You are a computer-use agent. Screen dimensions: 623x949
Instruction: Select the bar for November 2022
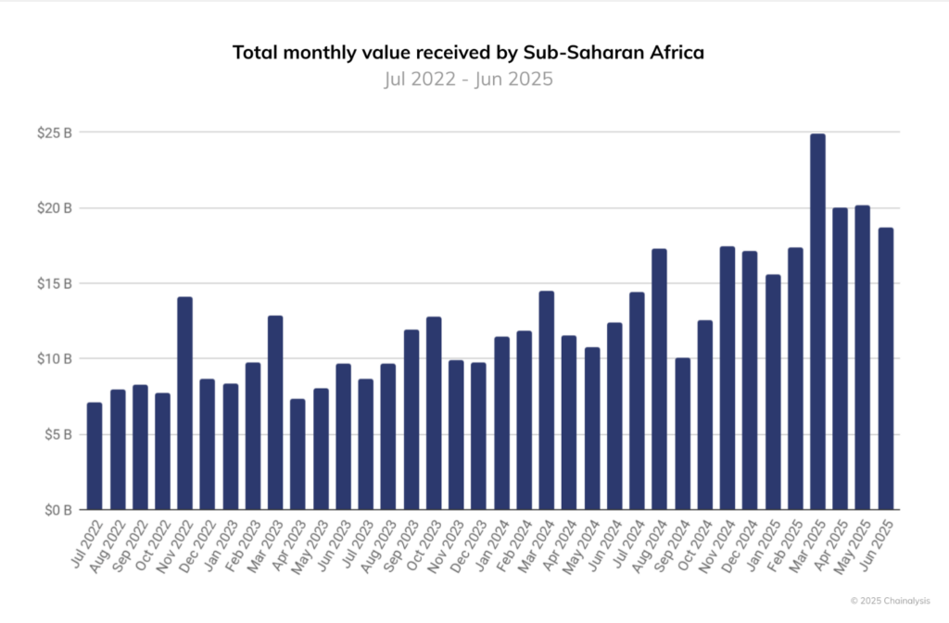point(184,403)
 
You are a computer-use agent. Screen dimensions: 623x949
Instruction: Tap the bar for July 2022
point(95,455)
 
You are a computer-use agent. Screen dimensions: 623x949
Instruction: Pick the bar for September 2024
point(682,433)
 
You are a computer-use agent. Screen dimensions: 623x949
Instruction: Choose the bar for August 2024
point(659,379)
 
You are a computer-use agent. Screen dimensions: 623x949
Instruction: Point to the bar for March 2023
point(275,412)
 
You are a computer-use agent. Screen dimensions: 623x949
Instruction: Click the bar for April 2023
point(297,454)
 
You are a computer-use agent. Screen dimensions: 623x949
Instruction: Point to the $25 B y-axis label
point(55,132)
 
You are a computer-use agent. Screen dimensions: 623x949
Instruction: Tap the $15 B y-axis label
point(55,283)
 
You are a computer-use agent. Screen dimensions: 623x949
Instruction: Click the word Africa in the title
point(674,53)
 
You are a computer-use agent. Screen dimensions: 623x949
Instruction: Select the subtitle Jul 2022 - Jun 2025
point(468,79)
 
